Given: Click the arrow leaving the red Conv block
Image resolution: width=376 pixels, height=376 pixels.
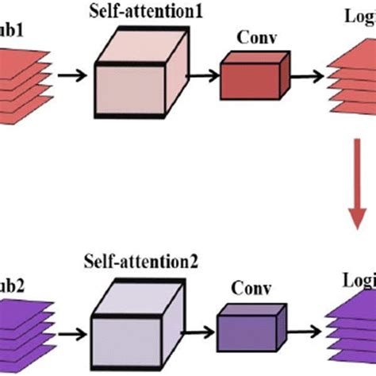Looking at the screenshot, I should (305, 76).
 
